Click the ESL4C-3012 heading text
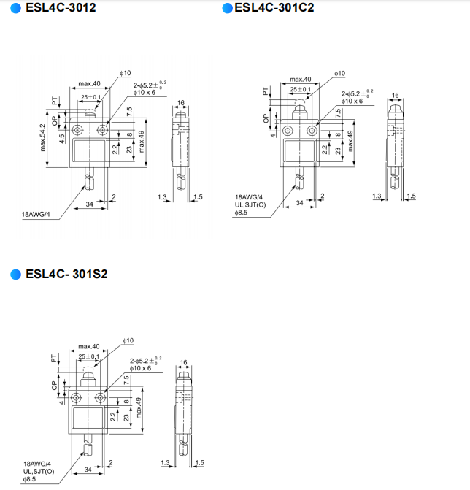pos(61,8)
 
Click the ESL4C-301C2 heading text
pos(274,8)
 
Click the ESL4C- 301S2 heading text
pos(66,274)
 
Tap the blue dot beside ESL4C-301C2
pos(228,8)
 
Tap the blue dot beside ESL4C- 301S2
pos(15,275)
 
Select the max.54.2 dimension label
pos(42,138)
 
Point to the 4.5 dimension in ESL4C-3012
pos(62,139)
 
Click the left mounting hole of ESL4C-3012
pos(77,129)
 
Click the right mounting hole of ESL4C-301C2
pos(312,131)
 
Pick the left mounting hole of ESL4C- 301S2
pos(76,398)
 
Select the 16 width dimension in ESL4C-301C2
pos(395,95)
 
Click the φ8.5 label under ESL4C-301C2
pos(241,213)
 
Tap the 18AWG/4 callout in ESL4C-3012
pos(36,215)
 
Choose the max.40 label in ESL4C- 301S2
pos(89,346)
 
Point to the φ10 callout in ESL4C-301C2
pos(340,74)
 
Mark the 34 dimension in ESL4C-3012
pos(90,204)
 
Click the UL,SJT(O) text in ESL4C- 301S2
pos(39,471)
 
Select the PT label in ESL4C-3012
pos(55,101)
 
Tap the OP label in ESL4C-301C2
pos(266,118)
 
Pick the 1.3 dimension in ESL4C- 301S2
pos(165,462)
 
